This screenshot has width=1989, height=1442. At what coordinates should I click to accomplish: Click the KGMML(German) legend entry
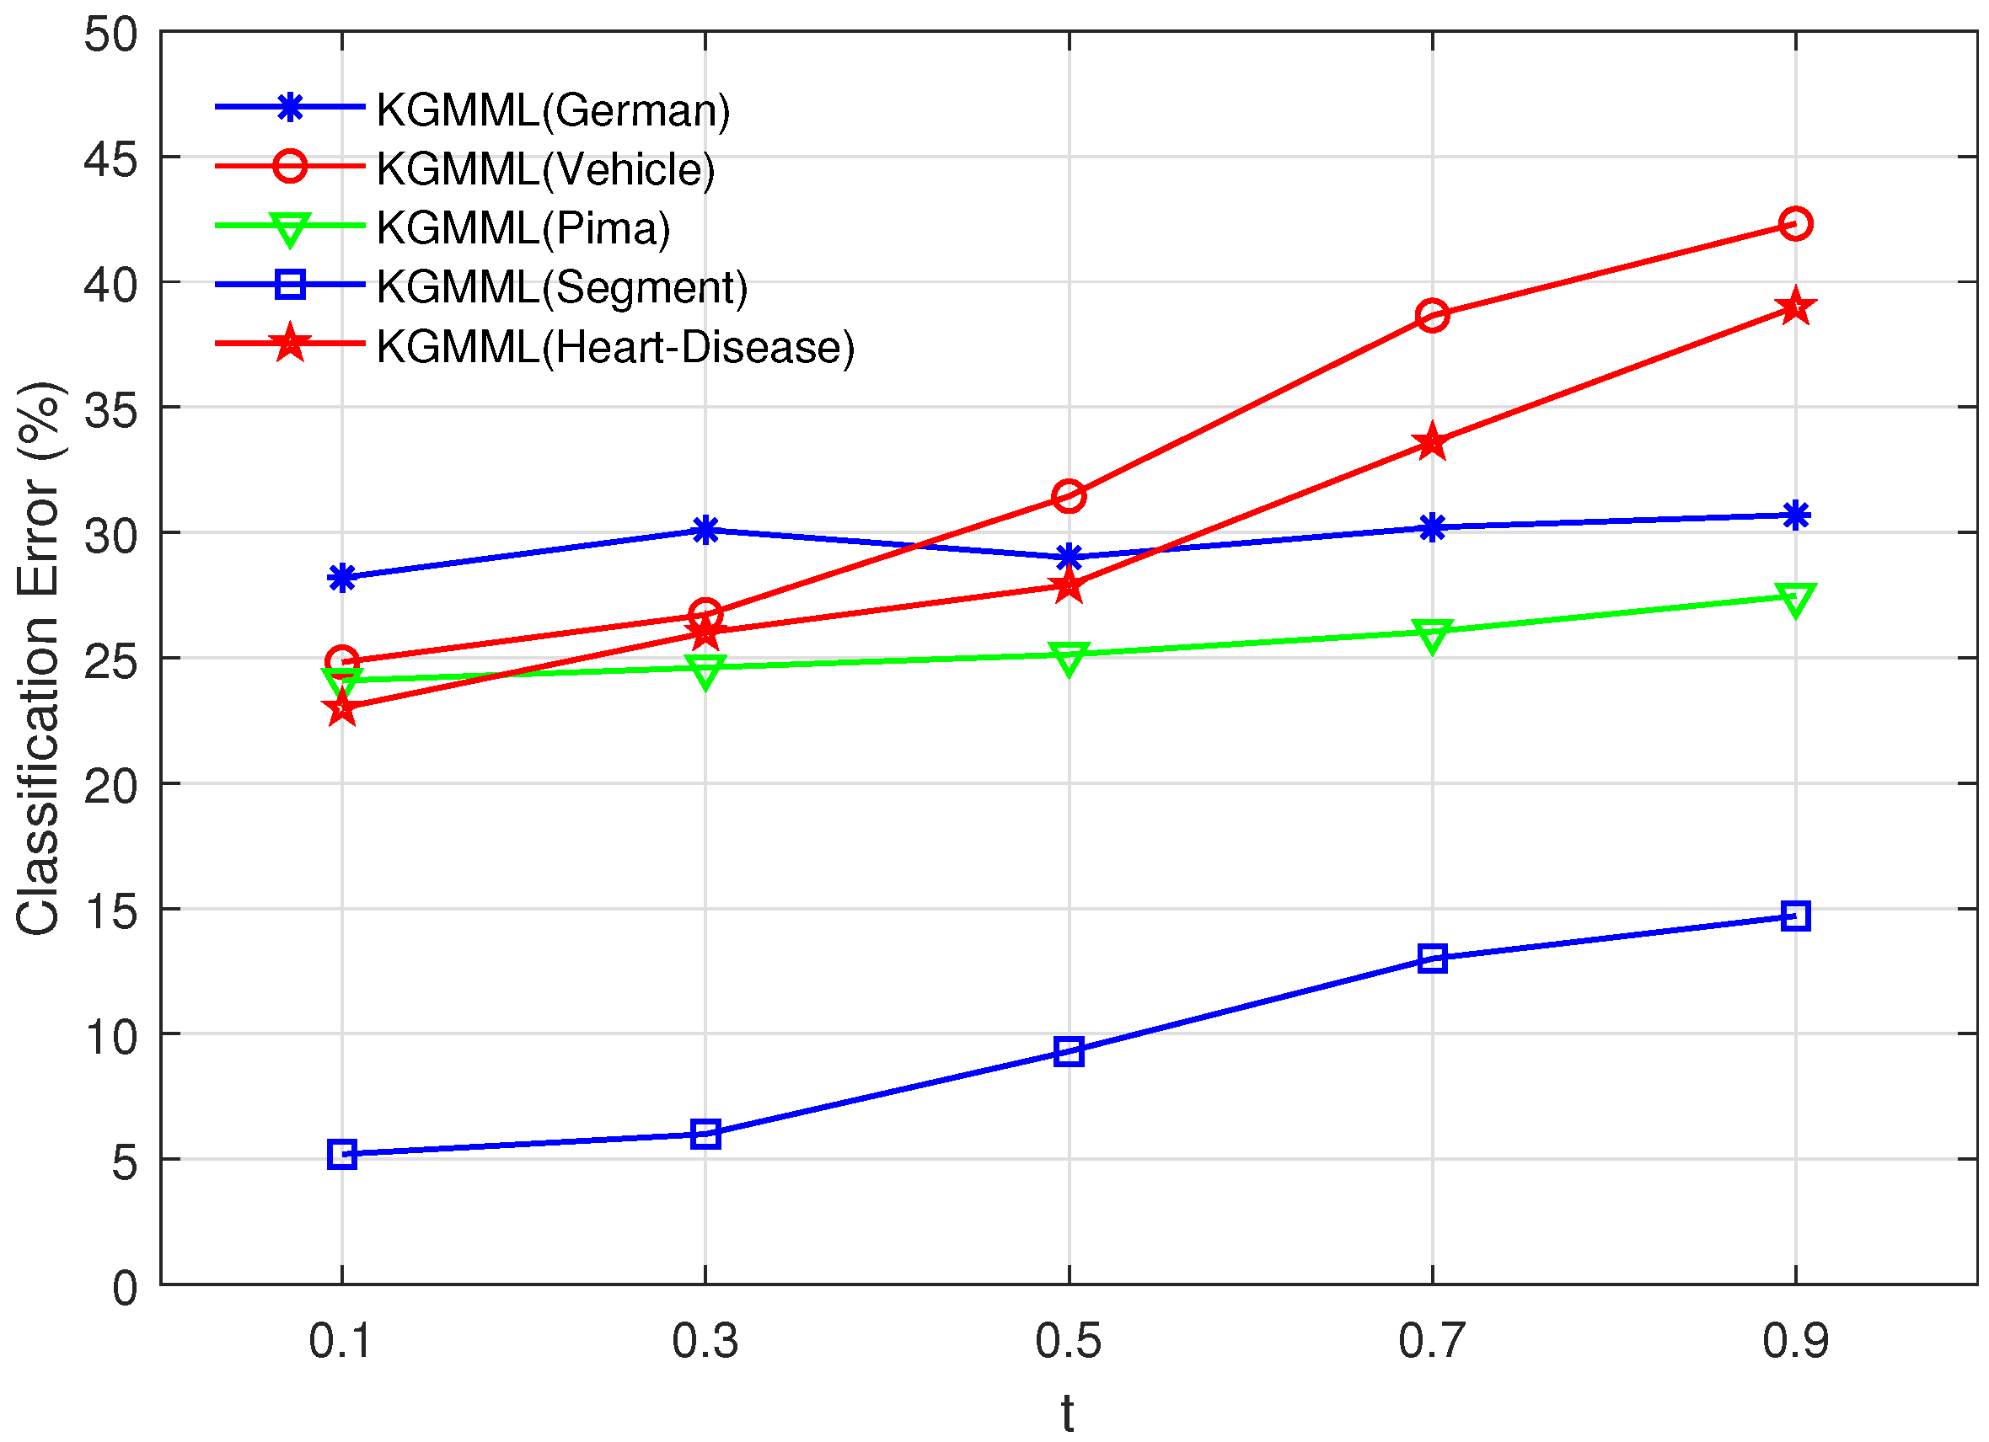[x=553, y=110]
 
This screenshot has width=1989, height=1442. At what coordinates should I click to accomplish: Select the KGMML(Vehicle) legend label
[x=545, y=169]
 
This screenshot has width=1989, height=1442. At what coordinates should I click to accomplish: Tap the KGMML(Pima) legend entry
[x=523, y=228]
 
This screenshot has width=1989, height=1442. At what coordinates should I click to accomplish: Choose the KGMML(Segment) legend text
[x=561, y=287]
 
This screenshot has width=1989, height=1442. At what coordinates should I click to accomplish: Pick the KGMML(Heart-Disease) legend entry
[x=614, y=347]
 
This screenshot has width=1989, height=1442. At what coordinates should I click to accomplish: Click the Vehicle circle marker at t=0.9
[x=1795, y=223]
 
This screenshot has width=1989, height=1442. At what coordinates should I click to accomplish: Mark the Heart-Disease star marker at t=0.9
[x=1795, y=307]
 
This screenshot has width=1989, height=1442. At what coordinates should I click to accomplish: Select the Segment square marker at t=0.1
[x=342, y=1155]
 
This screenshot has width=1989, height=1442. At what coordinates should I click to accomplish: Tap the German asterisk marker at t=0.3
[x=705, y=530]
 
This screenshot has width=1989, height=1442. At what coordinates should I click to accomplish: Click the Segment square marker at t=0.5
[x=1069, y=1051]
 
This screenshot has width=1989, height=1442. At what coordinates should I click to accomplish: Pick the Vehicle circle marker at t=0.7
[x=1432, y=315]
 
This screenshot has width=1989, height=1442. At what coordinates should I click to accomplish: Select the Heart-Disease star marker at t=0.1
[x=342, y=708]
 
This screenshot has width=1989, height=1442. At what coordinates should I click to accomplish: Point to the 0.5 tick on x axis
[x=1068, y=1341]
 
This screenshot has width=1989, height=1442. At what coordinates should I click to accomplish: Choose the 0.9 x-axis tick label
[x=1795, y=1341]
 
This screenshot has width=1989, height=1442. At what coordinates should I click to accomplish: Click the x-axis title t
[x=1067, y=1413]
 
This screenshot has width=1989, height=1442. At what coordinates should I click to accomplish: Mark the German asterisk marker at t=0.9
[x=1795, y=515]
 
